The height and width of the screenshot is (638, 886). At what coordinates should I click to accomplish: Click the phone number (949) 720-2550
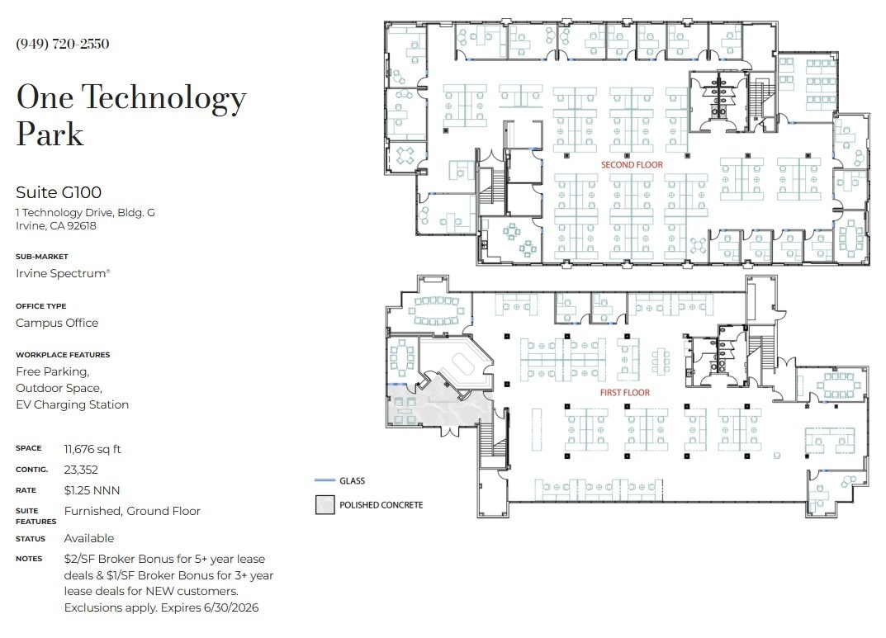click(63, 44)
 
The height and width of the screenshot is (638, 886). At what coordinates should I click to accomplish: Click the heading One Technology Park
click(131, 116)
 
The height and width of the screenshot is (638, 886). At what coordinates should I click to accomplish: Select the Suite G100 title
click(59, 192)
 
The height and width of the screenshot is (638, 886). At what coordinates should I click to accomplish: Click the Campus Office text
click(57, 323)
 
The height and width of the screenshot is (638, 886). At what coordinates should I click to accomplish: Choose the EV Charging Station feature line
click(73, 404)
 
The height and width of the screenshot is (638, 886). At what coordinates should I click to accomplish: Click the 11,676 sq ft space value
click(92, 449)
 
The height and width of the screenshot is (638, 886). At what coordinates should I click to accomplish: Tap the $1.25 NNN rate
click(91, 490)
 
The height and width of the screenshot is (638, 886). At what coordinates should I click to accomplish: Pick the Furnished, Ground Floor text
click(132, 511)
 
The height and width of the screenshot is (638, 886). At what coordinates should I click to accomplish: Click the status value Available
click(89, 538)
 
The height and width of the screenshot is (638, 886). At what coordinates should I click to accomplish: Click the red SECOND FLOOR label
click(632, 165)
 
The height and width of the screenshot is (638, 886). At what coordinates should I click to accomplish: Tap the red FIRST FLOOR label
click(624, 393)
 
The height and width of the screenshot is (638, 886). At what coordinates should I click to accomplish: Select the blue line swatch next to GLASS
click(325, 480)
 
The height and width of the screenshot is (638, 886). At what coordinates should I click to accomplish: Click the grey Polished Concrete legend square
click(325, 504)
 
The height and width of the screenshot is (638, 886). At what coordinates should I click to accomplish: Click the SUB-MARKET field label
click(41, 257)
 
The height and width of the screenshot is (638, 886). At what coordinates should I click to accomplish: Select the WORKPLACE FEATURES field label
click(63, 355)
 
